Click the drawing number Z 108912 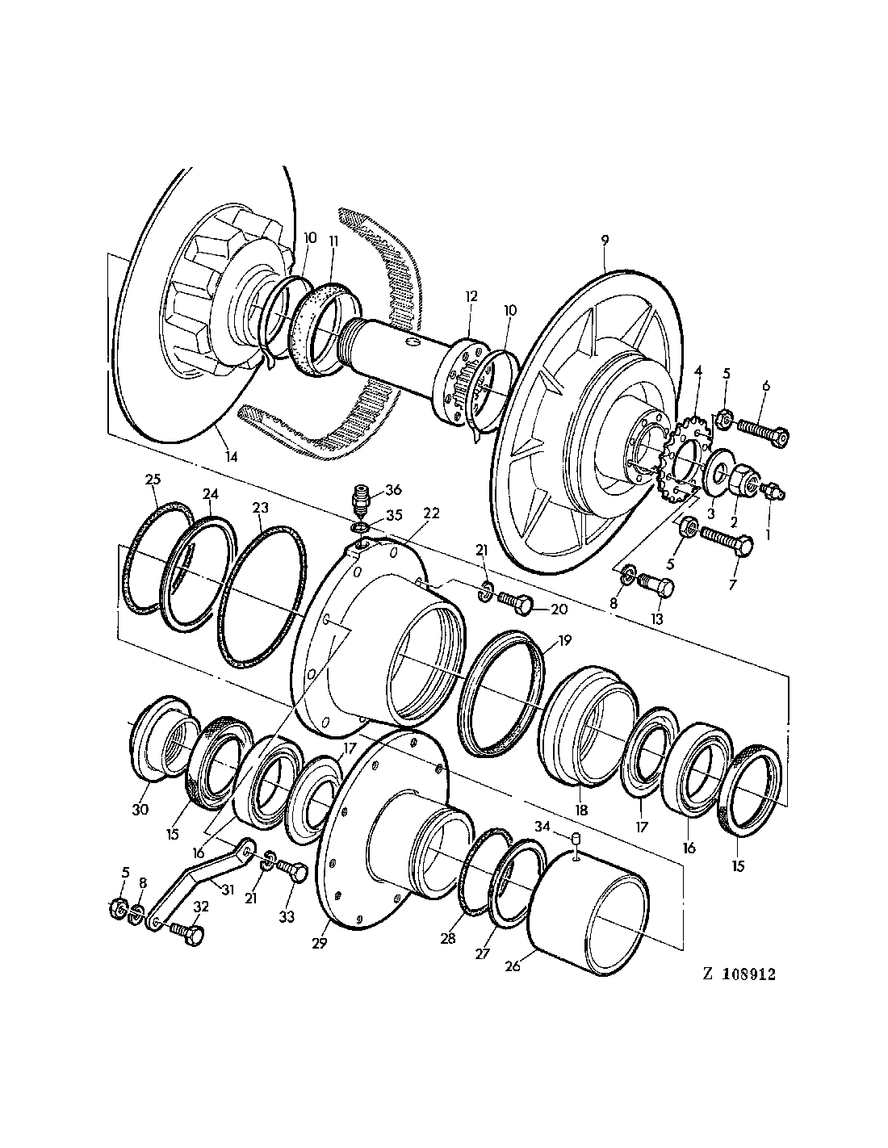[739, 974]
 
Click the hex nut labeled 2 [741, 483]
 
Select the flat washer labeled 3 [715, 476]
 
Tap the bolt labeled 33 [293, 872]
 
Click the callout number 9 [605, 240]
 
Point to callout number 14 [232, 457]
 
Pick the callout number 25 [153, 478]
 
